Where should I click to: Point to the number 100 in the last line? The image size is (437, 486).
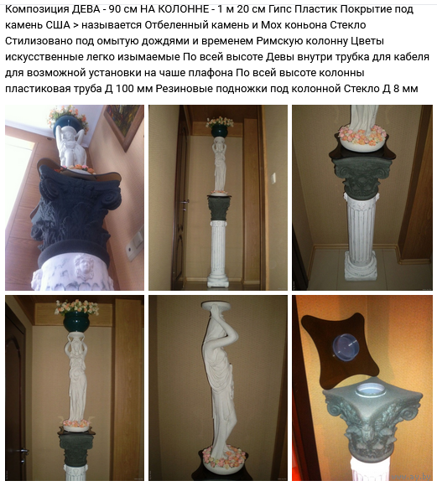125,89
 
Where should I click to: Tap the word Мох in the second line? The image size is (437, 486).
270,25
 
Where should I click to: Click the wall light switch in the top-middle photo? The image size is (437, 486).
273,178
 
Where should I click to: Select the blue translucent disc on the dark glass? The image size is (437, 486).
346,348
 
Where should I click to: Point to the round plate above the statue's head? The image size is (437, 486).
220,307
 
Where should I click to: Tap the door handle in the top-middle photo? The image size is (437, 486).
185,202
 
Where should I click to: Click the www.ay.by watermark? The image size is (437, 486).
411,477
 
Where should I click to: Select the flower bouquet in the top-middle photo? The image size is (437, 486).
220,121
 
